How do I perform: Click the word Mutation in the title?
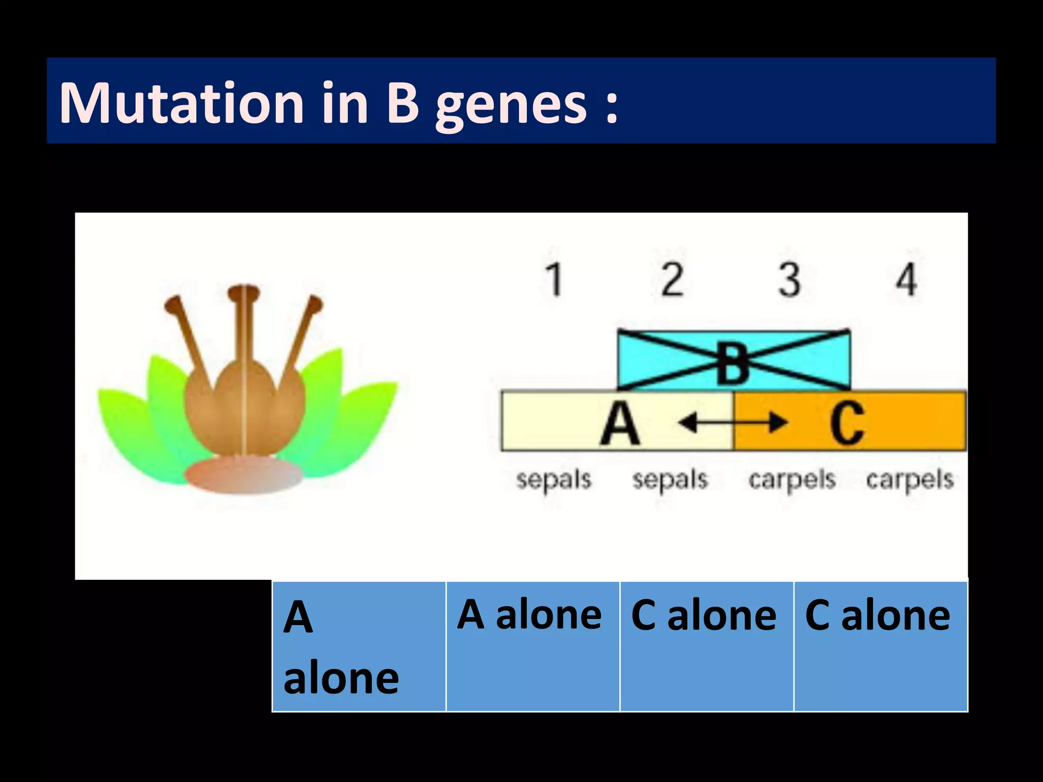[x=181, y=103]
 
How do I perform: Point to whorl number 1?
[x=554, y=280]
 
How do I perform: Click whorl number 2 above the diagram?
[x=672, y=280]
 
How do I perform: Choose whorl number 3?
[x=789, y=280]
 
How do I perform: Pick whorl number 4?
[x=907, y=280]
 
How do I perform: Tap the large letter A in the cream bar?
[x=619, y=423]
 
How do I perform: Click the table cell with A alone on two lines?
[x=359, y=647]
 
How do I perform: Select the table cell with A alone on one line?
[x=533, y=647]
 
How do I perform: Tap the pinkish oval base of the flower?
[x=243, y=476]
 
